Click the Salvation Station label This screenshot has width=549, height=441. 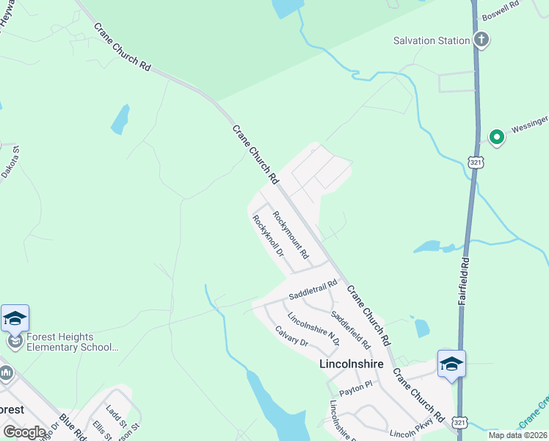coord(431,40)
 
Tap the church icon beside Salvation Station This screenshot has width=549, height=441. coord(481,39)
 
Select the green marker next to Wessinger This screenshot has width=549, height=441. coord(497,136)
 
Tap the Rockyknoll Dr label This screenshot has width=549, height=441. coord(268,236)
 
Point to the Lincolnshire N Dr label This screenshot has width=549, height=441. coord(313,329)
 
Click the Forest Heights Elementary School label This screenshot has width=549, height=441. coord(72,343)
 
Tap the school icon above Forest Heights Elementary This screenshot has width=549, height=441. coord(15,318)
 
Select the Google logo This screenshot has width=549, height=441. coord(24,432)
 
